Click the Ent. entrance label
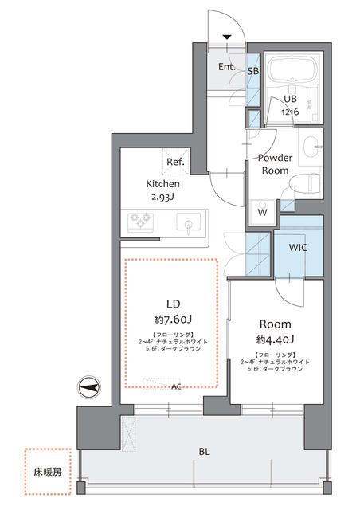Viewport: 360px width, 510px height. pos(227,67)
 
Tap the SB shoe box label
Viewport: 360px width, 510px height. pos(252,70)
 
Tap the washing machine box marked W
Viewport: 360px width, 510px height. pos(261,212)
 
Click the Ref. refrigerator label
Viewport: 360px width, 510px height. pos(175,163)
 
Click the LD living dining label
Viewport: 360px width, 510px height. pos(174,303)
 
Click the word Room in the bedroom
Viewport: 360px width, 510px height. pos(275,324)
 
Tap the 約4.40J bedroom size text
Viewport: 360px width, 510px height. pos(275,340)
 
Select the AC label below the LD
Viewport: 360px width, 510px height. pos(175,386)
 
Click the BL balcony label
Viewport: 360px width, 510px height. pos(205,452)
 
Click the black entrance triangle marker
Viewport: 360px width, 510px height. pos(228,37)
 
